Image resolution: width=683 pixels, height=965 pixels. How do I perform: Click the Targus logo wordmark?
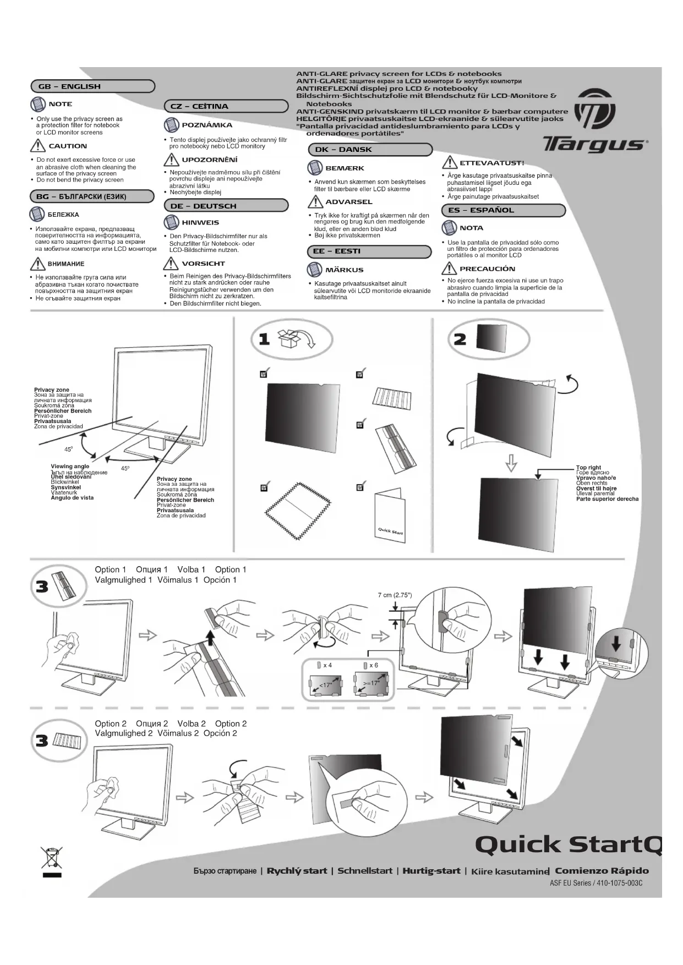pyautogui.click(x=594, y=145)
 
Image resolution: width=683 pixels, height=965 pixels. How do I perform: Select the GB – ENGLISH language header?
pyautogui.click(x=92, y=86)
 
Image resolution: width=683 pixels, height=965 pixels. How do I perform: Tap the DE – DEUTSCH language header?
pyautogui.click(x=226, y=206)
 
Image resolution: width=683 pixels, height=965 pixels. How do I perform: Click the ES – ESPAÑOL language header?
pyautogui.click(x=503, y=210)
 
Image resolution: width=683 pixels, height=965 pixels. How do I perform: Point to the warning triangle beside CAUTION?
pyautogui.click(x=37, y=146)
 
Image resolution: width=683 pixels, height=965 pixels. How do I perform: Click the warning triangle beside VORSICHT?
pyautogui.click(x=171, y=264)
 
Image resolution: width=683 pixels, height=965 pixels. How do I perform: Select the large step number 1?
pyautogui.click(x=264, y=339)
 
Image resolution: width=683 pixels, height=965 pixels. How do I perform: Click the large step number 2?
pyautogui.click(x=460, y=339)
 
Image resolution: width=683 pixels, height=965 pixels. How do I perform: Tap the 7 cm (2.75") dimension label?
pyautogui.click(x=395, y=595)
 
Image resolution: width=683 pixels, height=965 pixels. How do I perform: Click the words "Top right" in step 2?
pyautogui.click(x=588, y=468)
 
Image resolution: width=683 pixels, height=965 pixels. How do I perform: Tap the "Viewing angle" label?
pyautogui.click(x=70, y=467)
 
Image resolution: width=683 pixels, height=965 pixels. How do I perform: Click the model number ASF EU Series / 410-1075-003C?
pyautogui.click(x=596, y=883)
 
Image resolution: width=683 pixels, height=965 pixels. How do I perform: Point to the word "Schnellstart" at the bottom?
pyautogui.click(x=365, y=871)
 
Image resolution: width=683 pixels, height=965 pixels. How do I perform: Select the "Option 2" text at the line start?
pyautogui.click(x=111, y=723)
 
